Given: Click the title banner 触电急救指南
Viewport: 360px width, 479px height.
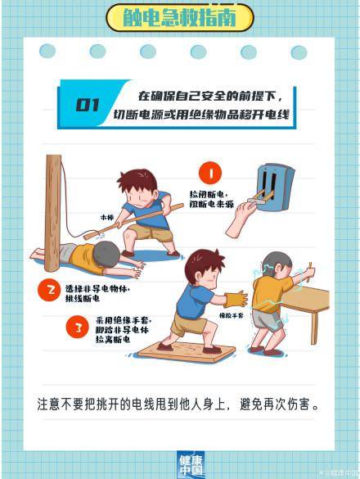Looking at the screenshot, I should coord(179,17).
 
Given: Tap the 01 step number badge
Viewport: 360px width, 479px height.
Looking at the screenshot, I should coord(88,105).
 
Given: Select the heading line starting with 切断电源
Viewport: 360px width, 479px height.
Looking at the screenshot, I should coord(202,115).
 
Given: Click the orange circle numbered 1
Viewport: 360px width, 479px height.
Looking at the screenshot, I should coord(211,173).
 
